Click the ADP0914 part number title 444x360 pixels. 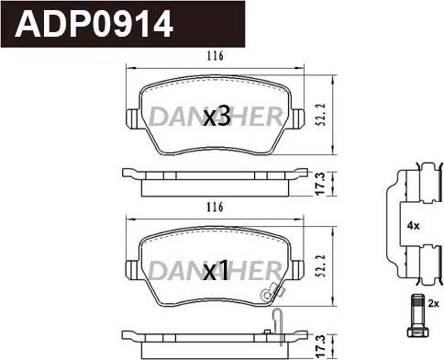[94, 24]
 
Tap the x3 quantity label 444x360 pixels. [216, 117]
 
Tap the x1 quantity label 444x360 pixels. [216, 271]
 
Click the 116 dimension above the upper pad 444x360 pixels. [215, 56]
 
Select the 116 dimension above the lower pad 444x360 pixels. [215, 208]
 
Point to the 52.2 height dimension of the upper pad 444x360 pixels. [320, 115]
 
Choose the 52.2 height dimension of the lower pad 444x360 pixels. [320, 266]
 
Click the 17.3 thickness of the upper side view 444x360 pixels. [320, 184]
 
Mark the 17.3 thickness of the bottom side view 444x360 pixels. [320, 346]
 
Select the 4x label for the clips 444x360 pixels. [413, 226]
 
